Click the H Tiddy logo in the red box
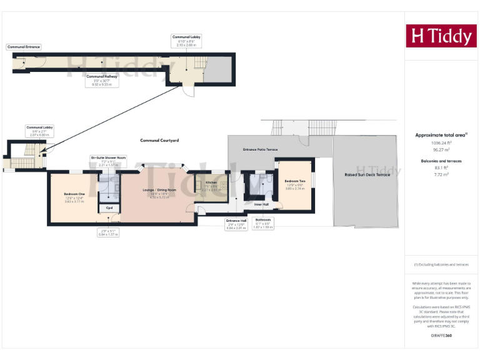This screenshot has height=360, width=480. [x=441, y=36]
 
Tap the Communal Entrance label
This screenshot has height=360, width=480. [x=23, y=47]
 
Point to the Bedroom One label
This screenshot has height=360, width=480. [x=73, y=194]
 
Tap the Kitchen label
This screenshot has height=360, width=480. [x=211, y=182]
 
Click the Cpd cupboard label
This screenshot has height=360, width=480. [x=109, y=207]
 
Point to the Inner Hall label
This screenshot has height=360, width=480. [x=261, y=204]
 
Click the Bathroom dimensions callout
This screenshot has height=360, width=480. [x=263, y=223]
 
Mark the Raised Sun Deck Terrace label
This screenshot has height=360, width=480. [x=367, y=175]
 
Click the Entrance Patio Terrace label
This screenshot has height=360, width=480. [x=260, y=150]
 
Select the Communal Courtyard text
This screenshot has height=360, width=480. [x=159, y=141]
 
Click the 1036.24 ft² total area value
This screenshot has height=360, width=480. [x=441, y=142]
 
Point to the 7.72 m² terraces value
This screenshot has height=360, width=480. [x=441, y=175]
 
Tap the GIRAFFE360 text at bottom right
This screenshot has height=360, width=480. [x=441, y=336]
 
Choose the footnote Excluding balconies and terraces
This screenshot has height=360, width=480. [x=441, y=264]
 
